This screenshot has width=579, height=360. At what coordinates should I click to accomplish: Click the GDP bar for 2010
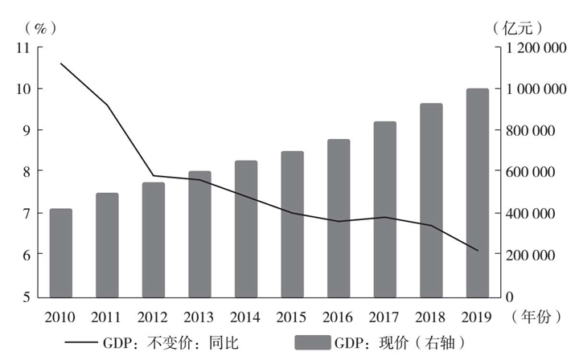(x=61, y=252)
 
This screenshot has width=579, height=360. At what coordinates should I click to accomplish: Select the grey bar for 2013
(x=199, y=233)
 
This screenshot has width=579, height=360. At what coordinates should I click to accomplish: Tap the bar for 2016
(x=339, y=218)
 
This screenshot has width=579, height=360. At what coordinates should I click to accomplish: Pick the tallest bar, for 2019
(x=478, y=192)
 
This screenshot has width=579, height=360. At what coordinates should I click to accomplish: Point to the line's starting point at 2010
(x=61, y=63)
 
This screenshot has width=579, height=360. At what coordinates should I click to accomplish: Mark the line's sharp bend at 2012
(x=154, y=176)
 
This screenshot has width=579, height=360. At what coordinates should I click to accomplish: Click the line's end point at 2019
(x=478, y=251)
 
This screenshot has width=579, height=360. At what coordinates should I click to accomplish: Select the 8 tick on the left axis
(x=26, y=171)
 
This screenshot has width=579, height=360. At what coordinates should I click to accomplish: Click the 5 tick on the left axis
(x=26, y=296)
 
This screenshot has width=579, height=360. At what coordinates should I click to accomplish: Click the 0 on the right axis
(x=510, y=296)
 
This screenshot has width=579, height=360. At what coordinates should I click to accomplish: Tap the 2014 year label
(x=246, y=317)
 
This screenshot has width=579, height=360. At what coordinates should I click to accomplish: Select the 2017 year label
(x=385, y=317)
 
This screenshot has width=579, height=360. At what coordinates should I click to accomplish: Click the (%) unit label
(x=39, y=27)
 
